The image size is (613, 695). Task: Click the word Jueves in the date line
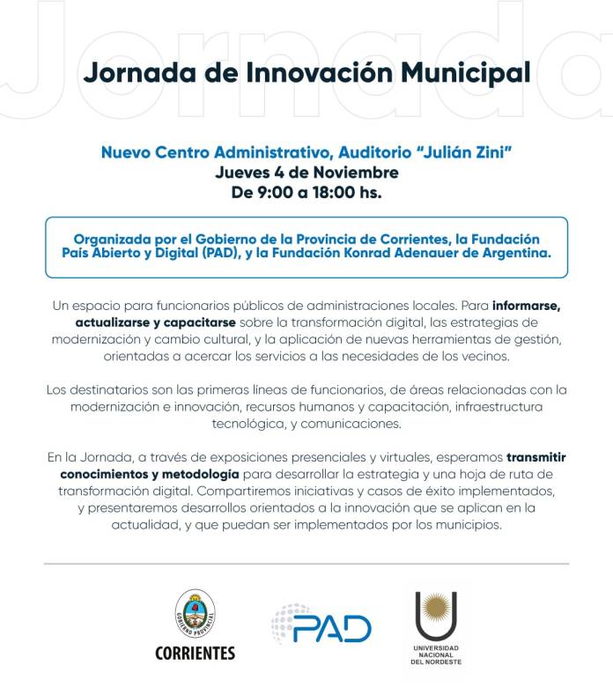point(246,172)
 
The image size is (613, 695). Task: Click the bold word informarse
point(527,306)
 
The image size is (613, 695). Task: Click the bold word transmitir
point(536,457)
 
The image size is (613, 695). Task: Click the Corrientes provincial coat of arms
point(196,612)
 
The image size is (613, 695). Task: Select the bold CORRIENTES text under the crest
point(196,653)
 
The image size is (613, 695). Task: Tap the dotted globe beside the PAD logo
point(286,620)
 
